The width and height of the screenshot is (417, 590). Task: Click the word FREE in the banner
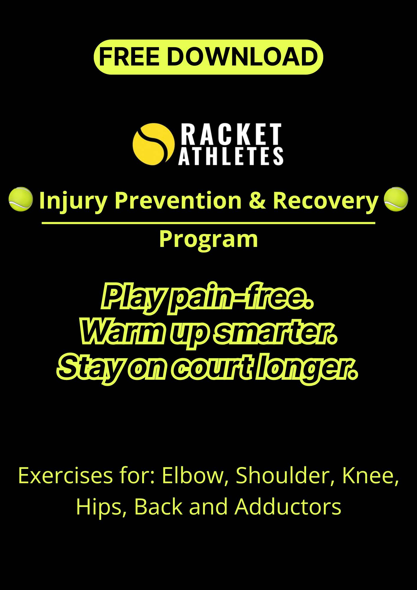130,57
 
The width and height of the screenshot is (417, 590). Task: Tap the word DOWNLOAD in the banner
242,57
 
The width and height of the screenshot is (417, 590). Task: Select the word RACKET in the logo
230,134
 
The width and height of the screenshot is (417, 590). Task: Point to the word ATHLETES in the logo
231,156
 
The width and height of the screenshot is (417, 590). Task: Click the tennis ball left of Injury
20,199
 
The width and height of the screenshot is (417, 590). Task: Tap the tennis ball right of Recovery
396,199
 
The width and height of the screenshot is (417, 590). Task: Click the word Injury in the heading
73,201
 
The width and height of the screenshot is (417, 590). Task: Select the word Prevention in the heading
178,200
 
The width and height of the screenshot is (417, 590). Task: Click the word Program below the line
209,239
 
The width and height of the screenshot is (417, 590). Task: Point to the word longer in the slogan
307,369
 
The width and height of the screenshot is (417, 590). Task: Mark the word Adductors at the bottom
288,507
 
